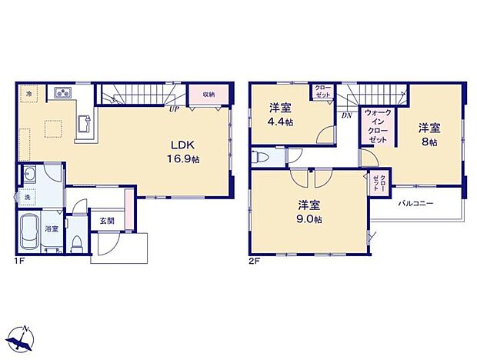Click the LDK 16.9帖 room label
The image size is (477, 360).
[185, 151]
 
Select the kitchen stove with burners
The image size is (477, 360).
[62, 95]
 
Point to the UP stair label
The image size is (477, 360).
[175, 110]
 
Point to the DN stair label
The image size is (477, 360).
[346, 115]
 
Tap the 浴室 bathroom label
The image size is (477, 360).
[52, 229]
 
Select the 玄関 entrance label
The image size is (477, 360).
[106, 221]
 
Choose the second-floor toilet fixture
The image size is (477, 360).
[262, 157]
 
